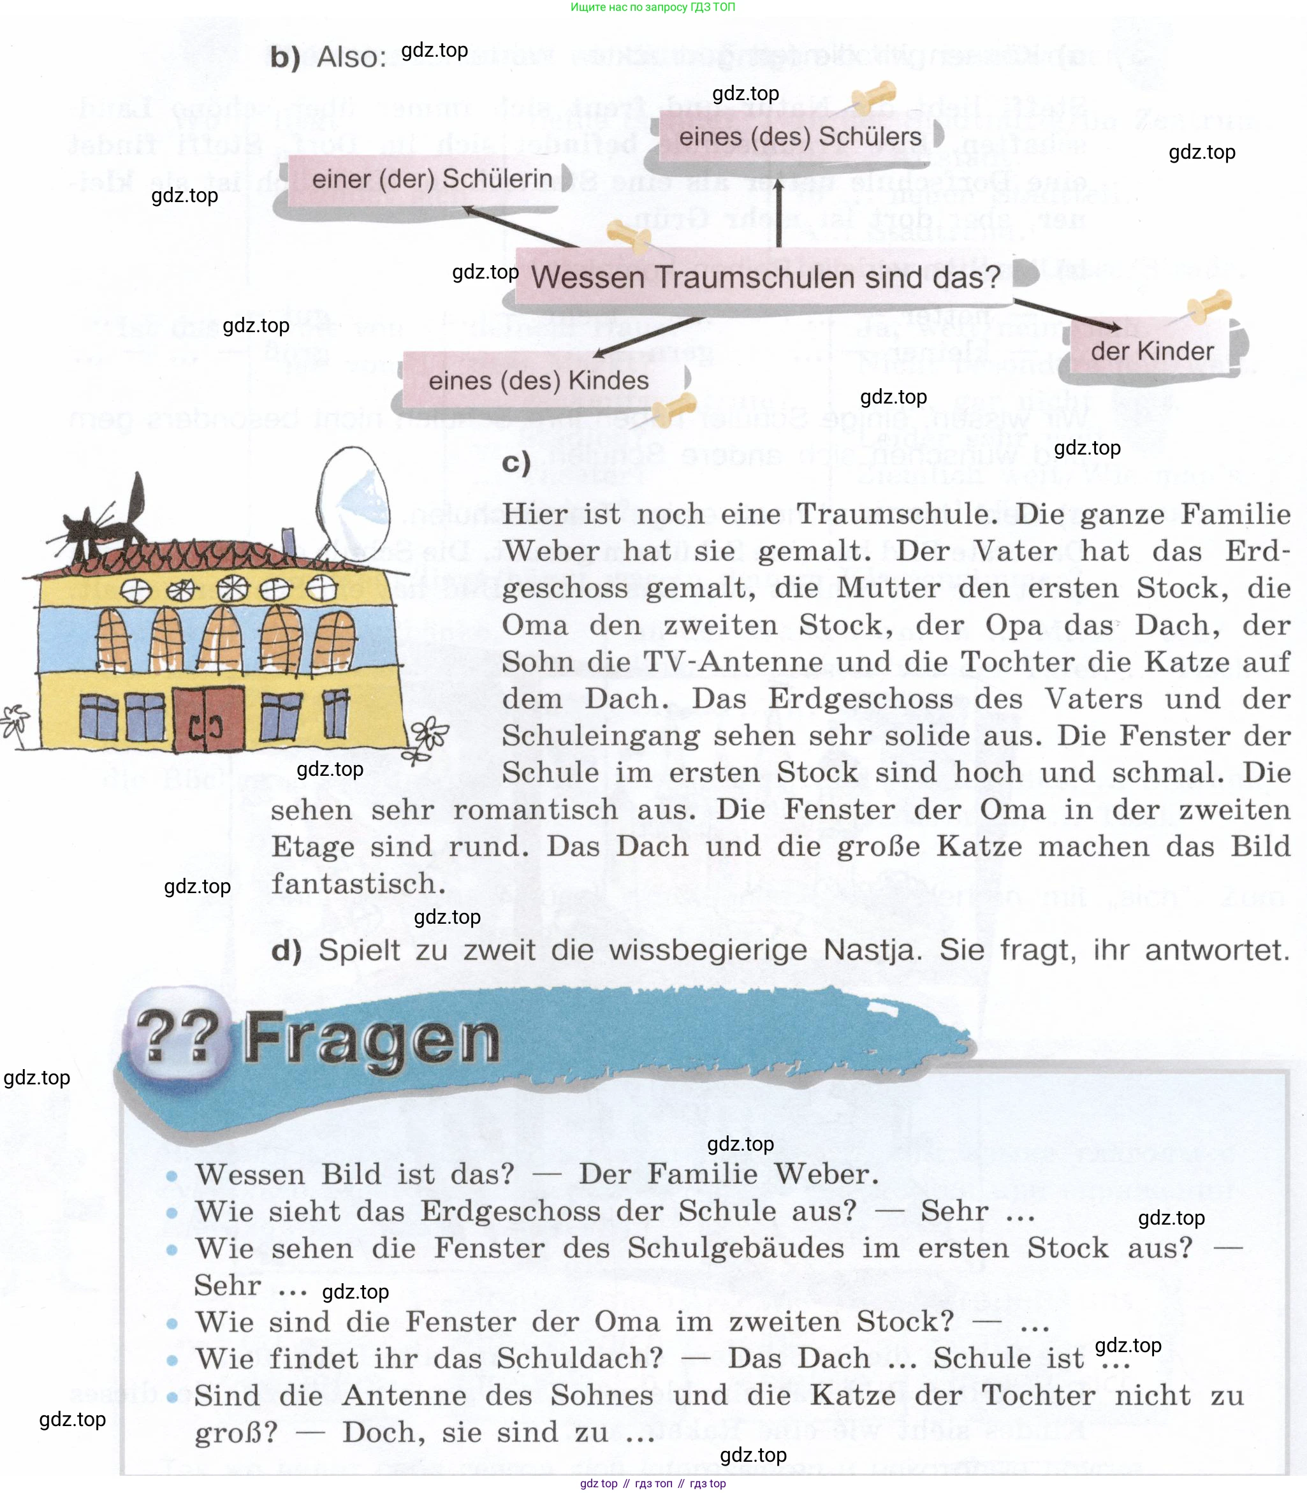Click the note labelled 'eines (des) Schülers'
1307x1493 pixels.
[x=801, y=137]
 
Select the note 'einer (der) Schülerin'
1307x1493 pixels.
[x=430, y=179]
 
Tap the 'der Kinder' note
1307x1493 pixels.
[x=1154, y=350]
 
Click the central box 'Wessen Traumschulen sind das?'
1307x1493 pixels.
[x=770, y=277]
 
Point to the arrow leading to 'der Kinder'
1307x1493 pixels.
[x=1068, y=314]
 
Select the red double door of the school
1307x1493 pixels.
[x=208, y=718]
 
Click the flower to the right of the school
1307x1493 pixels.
[x=428, y=737]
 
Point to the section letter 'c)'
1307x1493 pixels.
[x=516, y=463]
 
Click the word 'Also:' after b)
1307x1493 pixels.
[x=351, y=57]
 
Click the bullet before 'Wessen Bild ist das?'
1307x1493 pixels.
[x=172, y=1176]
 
